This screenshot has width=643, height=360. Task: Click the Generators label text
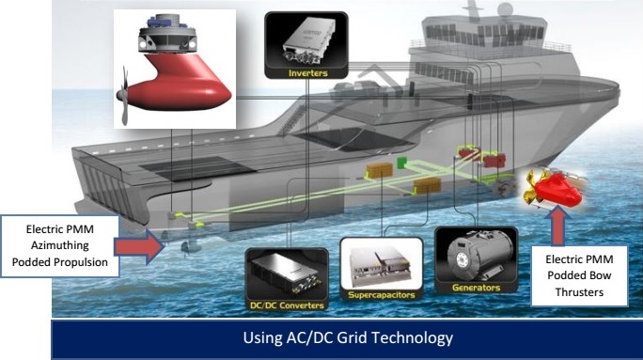[476, 286]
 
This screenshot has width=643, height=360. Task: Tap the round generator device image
[474, 253]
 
